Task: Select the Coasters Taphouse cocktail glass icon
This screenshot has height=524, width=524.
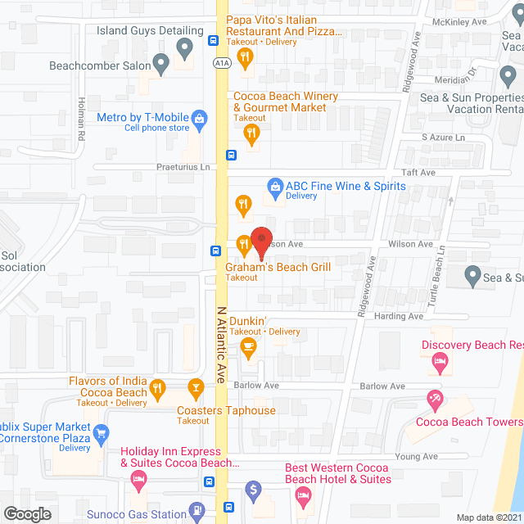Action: (x=196, y=386)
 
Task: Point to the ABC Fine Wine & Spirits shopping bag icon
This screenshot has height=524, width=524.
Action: (x=276, y=188)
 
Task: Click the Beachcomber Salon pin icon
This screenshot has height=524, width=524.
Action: (x=160, y=62)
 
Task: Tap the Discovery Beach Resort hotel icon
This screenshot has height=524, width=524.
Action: (x=440, y=360)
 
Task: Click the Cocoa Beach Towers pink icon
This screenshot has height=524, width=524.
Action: (x=434, y=401)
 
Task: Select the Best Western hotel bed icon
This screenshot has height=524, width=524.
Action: (x=303, y=496)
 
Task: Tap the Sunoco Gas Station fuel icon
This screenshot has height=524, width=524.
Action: (x=196, y=512)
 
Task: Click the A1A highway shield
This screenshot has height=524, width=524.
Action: (x=221, y=62)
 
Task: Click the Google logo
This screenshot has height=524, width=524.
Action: (x=26, y=514)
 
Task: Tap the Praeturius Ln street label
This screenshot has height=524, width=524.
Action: (x=183, y=167)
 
